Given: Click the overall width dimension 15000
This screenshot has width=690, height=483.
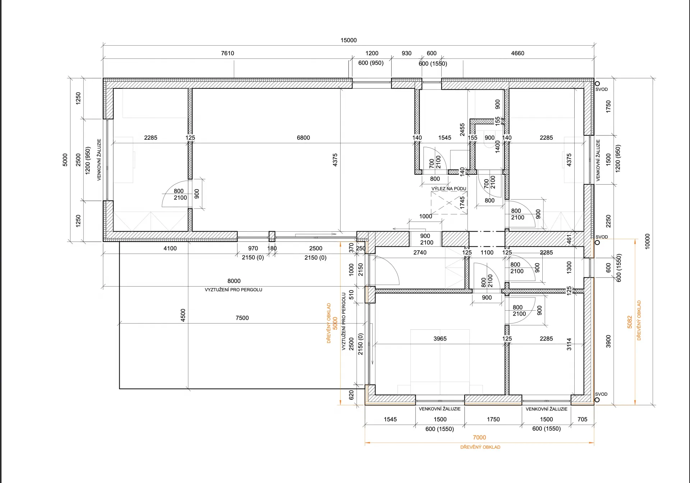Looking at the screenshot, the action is point(349,40).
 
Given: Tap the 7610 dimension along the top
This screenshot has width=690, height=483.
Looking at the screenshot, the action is point(227,53).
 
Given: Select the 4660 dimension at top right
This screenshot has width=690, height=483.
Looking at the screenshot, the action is point(517,53).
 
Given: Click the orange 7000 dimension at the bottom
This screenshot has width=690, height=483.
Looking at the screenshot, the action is point(479,437).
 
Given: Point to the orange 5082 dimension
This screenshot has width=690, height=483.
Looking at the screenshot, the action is point(630,322).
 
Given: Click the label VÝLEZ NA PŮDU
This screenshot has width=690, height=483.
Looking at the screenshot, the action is point(449,189).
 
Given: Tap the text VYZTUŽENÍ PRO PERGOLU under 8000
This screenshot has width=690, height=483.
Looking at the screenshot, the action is point(234,290).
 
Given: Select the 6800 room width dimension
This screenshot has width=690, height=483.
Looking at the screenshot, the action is point(303,138).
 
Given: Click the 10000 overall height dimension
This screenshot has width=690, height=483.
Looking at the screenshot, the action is point(648,241).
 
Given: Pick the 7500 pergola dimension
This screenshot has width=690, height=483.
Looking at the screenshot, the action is point(242,318).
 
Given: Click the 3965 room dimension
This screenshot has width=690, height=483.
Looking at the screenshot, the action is point(440,339).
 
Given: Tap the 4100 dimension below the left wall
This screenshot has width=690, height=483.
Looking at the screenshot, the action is point(170,248).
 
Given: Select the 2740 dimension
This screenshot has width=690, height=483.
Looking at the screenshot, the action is point(420,252).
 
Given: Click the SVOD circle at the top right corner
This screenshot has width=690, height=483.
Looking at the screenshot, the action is point(597,84).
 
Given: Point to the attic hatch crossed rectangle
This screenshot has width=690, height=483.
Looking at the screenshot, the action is point(449,203).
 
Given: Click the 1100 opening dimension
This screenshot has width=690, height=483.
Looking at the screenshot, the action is point(487,252).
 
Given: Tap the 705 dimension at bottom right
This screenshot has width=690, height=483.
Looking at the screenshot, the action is point(582,419).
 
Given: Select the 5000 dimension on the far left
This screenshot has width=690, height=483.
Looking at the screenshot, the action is point(65,160).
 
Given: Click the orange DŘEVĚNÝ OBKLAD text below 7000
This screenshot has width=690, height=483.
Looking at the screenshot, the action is point(480,447).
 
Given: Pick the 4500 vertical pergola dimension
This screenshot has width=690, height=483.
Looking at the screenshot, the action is point(183,315).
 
